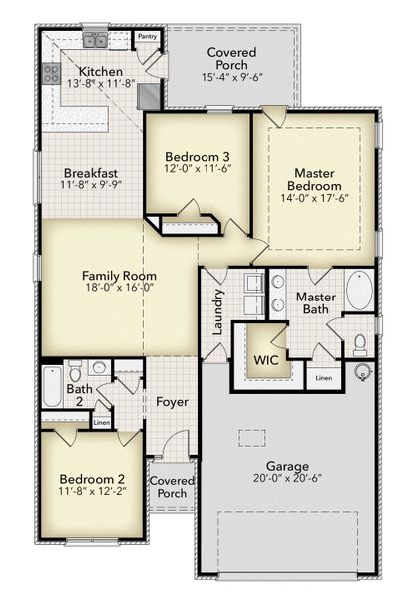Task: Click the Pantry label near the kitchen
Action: click(x=147, y=36)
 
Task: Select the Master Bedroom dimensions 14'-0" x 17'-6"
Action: click(x=314, y=199)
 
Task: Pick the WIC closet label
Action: click(x=265, y=358)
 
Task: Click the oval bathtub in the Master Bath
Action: click(x=359, y=293)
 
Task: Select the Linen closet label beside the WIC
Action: click(x=323, y=378)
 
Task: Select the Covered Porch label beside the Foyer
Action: click(x=172, y=486)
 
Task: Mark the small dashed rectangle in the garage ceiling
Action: click(x=252, y=436)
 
